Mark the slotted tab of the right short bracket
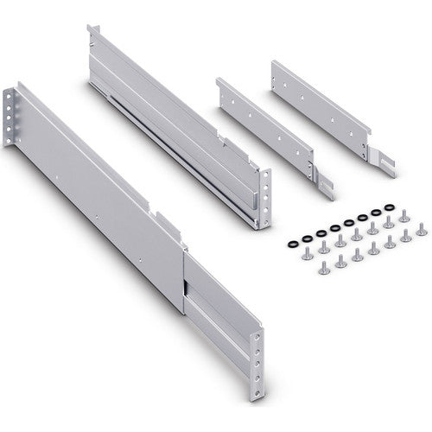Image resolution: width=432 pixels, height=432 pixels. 383,160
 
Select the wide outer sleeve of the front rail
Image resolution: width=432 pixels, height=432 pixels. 104,199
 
